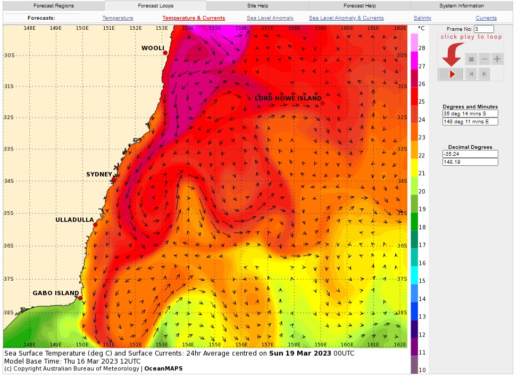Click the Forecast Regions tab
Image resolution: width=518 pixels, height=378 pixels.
pos(53,6)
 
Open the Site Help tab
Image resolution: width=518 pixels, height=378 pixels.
pos(257,6)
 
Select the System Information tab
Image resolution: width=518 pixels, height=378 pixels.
pos(461,6)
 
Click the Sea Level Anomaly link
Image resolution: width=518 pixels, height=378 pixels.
pos(270,18)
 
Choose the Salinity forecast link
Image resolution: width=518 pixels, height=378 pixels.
pos(422,18)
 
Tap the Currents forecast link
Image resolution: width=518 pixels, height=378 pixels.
pos(486,18)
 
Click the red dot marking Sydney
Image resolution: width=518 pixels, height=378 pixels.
pos(114,180)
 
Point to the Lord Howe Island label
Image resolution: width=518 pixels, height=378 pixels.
pos(288,98)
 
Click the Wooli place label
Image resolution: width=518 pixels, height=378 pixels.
pos(153,48)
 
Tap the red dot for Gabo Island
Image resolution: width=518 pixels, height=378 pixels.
pos(80,298)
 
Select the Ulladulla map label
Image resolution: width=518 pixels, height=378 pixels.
pos(74,220)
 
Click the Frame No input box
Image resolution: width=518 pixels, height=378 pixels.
pos(483,29)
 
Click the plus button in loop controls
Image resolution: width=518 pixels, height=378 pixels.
pos(497,59)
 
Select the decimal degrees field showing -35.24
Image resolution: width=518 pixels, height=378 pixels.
pos(470,154)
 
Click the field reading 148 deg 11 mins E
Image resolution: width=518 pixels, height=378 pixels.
pos(470,122)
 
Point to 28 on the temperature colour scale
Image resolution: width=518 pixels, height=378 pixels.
pos(422,48)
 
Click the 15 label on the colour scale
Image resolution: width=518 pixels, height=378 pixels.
pos(422,281)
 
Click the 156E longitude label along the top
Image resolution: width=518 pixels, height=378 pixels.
pos(241,28)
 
